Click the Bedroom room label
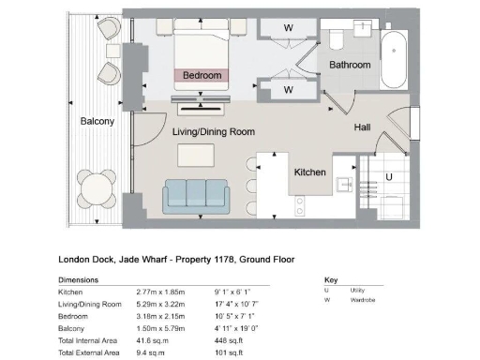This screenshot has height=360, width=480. tap(202, 75)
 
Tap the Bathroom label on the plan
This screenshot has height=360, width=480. tap(349, 65)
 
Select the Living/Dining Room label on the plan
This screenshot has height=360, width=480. tap(214, 132)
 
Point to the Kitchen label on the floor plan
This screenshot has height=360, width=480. tap(309, 173)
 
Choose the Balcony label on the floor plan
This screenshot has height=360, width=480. tap(97, 121)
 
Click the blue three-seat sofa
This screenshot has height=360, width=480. tap(198, 194)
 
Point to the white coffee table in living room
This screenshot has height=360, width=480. tap(197, 153)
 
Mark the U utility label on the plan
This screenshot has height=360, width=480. tap(389, 175)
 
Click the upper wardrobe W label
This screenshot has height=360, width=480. tap(288, 28)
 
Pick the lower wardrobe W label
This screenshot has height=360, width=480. tap(288, 90)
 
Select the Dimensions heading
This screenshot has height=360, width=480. tap(79, 280)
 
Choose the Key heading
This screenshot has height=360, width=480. tap(330, 280)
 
